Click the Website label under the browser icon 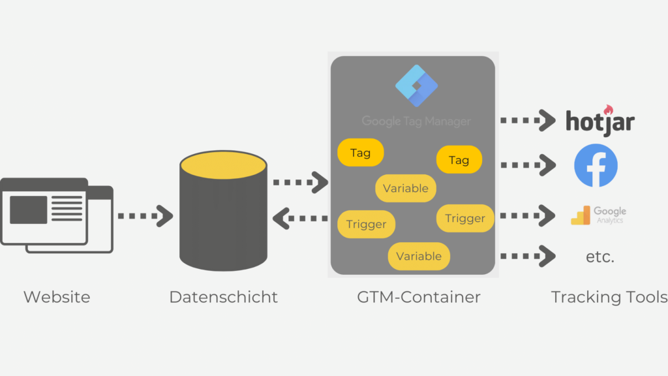[x=57, y=297]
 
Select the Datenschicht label [x=223, y=297]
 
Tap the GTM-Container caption [x=418, y=297]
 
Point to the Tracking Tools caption [x=609, y=297]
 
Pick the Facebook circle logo [x=596, y=166]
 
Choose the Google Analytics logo [x=598, y=215]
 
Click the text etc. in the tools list [x=600, y=257]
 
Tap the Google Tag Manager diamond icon [x=417, y=86]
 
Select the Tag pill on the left [x=360, y=153]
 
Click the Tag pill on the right [x=459, y=160]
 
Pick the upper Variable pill [x=405, y=188]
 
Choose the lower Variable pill [x=418, y=256]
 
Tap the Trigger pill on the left [x=366, y=224]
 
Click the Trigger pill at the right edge [x=464, y=218]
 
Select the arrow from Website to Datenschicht [x=145, y=215]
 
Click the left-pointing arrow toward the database [x=300, y=219]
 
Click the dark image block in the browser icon [x=28, y=210]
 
